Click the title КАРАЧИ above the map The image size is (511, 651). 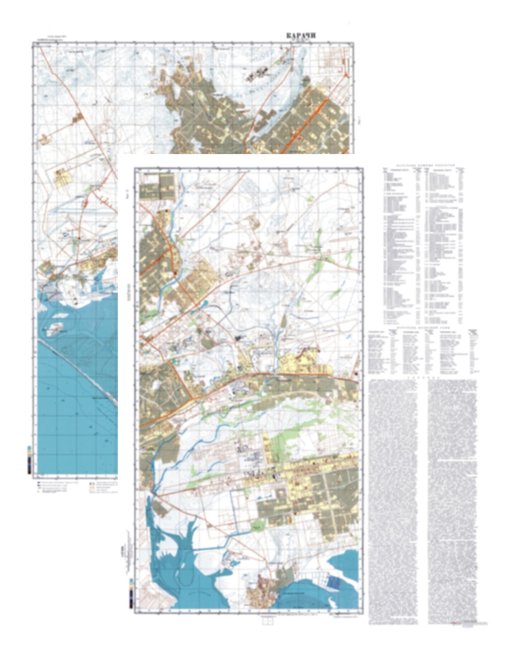301,36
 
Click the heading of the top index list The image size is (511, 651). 423,165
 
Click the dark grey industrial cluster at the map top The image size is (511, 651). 257,74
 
